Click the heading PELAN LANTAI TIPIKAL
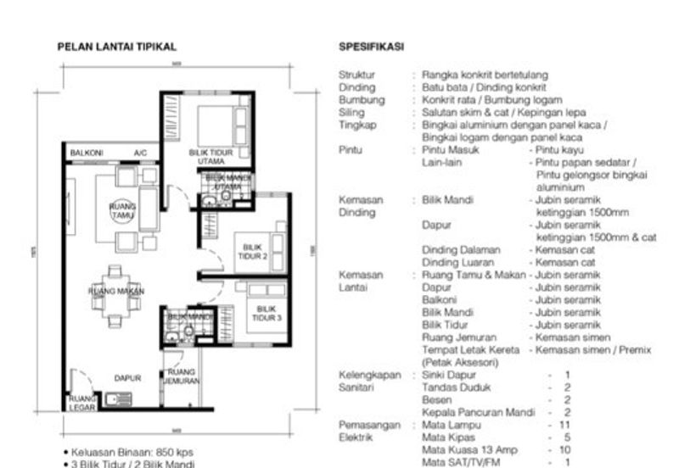[116, 47]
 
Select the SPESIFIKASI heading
[370, 47]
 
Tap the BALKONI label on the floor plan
[87, 153]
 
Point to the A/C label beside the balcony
[140, 153]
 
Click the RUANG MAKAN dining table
[116, 291]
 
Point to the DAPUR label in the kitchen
[127, 378]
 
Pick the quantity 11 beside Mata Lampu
[565, 424]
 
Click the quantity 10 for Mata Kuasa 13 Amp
[565, 449]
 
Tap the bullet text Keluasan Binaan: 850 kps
[124, 452]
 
